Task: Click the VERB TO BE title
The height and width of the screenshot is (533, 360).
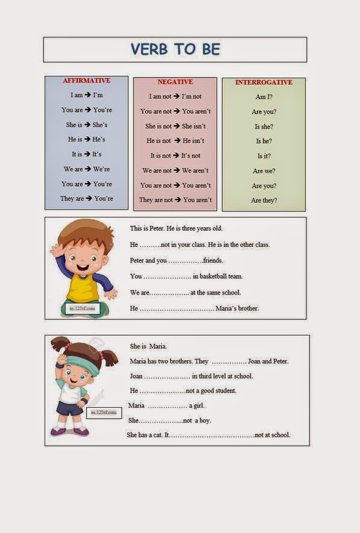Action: pyautogui.click(x=175, y=49)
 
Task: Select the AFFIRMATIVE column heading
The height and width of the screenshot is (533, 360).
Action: pyautogui.click(x=87, y=81)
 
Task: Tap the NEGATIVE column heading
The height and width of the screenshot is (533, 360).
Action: pyautogui.click(x=175, y=82)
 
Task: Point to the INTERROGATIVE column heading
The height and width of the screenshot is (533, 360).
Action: pyautogui.click(x=264, y=83)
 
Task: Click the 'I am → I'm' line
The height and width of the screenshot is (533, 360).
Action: pyautogui.click(x=87, y=95)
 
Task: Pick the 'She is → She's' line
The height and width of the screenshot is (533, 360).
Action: pyautogui.click(x=87, y=125)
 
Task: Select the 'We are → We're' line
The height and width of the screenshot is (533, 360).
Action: pyautogui.click(x=87, y=169)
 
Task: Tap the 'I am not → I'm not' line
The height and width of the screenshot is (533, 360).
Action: pyautogui.click(x=175, y=96)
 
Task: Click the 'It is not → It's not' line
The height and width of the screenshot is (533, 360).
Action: pyautogui.click(x=175, y=155)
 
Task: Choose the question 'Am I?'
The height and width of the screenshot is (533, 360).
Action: pyautogui.click(x=264, y=97)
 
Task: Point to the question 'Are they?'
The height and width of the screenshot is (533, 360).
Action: pyautogui.click(x=264, y=201)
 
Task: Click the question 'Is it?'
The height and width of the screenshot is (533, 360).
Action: pyautogui.click(x=264, y=156)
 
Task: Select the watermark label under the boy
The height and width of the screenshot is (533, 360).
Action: pyautogui.click(x=81, y=310)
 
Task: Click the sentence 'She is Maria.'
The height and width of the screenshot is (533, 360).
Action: pyautogui.click(x=149, y=346)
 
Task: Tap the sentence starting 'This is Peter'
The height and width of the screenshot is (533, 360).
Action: pyautogui.click(x=185, y=229)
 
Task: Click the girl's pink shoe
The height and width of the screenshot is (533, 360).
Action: pyautogui.click(x=81, y=432)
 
